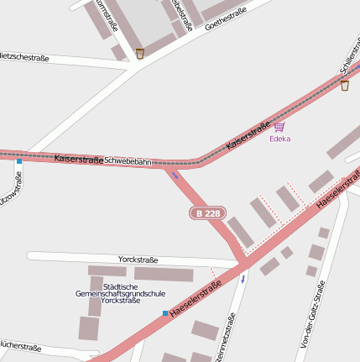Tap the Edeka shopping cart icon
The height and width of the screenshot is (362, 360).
(279, 127)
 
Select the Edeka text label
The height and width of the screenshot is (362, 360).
(279, 139)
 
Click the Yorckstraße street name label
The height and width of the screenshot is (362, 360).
(138, 260)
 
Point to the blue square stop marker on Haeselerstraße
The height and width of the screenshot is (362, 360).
(165, 313)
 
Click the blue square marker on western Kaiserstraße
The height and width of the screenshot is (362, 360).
(18, 160)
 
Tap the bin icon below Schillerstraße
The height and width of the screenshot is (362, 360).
(345, 85)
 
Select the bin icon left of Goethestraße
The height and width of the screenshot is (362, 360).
(139, 54)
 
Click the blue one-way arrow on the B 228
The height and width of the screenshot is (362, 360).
(175, 175)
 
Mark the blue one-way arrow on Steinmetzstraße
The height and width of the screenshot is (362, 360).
(243, 278)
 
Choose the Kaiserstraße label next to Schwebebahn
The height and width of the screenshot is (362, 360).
(78, 159)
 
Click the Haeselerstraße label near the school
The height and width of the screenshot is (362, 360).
(195, 299)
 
